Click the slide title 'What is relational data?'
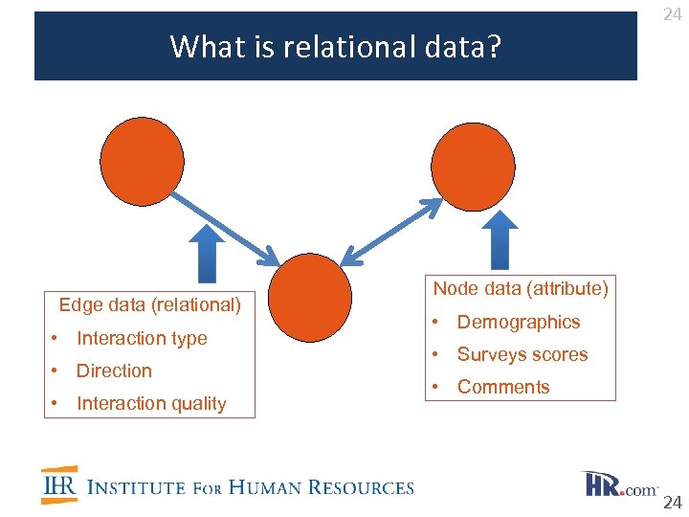(x=335, y=46)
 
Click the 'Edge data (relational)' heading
(x=150, y=305)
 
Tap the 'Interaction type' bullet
(x=142, y=338)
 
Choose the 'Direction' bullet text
(x=114, y=371)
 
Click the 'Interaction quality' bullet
(x=151, y=403)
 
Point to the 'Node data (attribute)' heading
(x=521, y=288)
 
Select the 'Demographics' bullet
(x=519, y=322)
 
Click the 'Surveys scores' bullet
(x=522, y=354)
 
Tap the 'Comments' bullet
(x=503, y=387)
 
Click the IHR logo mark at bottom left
(x=59, y=485)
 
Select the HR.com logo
(x=619, y=484)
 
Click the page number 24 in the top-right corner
(x=672, y=14)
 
